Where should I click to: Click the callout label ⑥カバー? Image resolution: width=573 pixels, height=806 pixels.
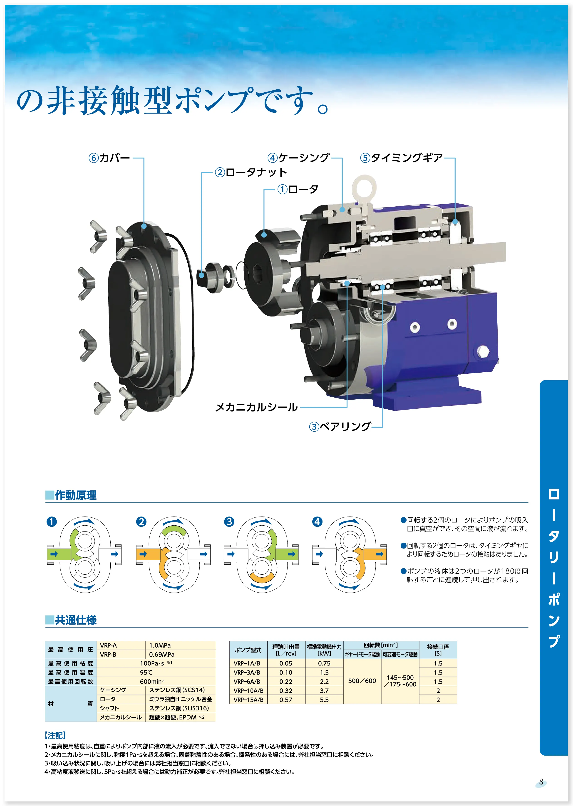[109, 158]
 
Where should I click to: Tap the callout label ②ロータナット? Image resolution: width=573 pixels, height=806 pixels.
[251, 172]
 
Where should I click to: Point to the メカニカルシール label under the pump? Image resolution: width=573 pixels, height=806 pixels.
[256, 407]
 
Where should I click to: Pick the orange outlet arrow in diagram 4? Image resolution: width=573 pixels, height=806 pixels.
[380, 554]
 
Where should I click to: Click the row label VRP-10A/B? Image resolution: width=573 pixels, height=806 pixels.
[248, 690]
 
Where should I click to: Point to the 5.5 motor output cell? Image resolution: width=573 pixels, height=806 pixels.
[324, 700]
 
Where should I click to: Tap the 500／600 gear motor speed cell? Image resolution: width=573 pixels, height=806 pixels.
[362, 681]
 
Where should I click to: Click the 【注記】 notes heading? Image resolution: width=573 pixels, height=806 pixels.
[55, 735]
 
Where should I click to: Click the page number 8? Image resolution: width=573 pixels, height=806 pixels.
[541, 782]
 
